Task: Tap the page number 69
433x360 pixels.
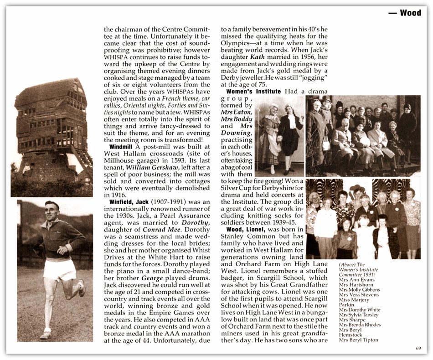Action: (x=418, y=349)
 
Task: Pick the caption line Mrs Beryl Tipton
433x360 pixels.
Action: (x=358, y=339)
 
